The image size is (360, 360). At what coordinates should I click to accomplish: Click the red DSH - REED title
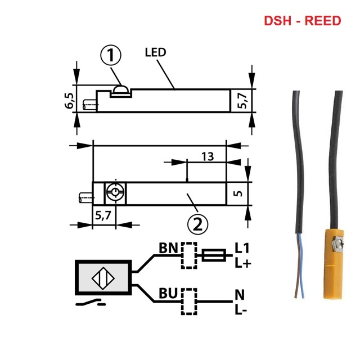(303, 21)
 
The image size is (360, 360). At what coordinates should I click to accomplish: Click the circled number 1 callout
(111, 56)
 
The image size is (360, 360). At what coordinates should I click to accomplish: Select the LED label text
(155, 52)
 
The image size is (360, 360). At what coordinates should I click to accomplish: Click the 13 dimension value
(207, 157)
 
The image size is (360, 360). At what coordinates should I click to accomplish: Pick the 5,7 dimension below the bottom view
(103, 214)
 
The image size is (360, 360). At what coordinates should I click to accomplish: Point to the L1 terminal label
(242, 248)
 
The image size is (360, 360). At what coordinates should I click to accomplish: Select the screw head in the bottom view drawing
(115, 193)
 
